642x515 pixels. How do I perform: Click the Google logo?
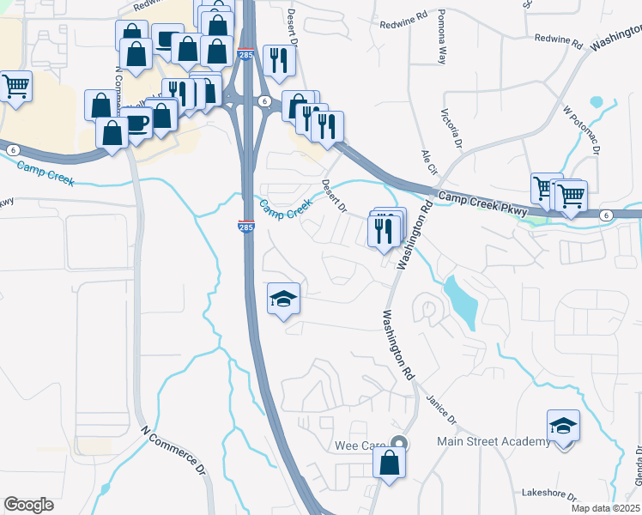pos(28,505)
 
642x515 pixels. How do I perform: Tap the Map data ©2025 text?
pos(606,508)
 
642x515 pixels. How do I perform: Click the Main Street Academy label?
pos(493,441)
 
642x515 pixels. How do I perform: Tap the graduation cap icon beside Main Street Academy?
pos(563,426)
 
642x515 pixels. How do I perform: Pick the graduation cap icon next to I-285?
pos(284,300)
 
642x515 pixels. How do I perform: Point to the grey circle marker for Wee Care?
pos(397,443)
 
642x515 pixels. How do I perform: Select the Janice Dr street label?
pos(441,408)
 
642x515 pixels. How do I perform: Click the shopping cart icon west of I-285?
pos(15,86)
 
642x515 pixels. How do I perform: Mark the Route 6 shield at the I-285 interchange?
pos(266,101)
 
